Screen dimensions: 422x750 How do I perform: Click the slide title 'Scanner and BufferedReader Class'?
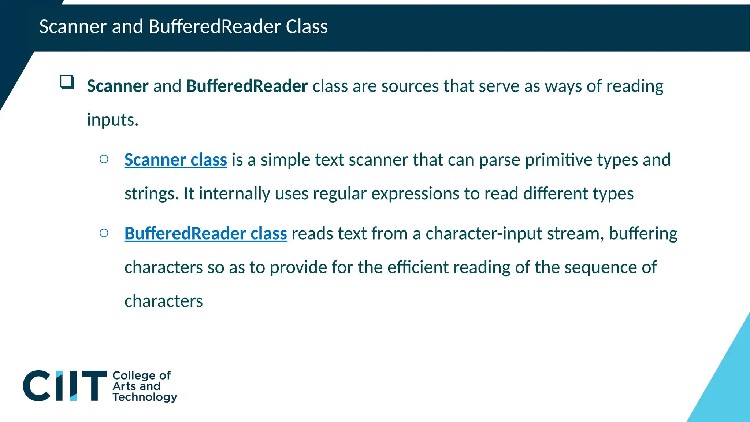[x=183, y=27]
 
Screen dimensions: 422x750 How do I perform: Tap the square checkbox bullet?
[x=67, y=82]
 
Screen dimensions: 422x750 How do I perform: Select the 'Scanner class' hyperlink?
[x=176, y=160]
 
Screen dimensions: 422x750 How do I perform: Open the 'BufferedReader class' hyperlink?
[x=205, y=234]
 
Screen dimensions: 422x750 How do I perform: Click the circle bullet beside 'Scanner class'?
[x=104, y=159]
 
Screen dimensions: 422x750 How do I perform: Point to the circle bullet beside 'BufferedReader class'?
[x=104, y=233]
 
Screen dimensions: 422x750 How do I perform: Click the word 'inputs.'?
[x=112, y=120]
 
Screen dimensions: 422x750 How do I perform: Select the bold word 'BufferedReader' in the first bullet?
[x=247, y=86]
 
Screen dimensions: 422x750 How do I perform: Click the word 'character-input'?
[x=483, y=234]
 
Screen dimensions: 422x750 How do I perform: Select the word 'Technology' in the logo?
[x=145, y=397]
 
